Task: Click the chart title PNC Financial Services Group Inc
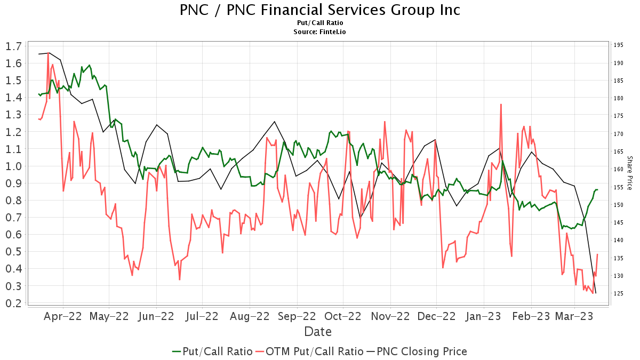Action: (x=319, y=10)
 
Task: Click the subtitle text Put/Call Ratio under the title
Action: (x=319, y=23)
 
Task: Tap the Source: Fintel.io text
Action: (x=319, y=31)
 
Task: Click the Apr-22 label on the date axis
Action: (x=63, y=316)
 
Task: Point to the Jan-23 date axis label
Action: (x=484, y=316)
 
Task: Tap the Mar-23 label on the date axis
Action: (x=574, y=316)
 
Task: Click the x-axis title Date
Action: (x=318, y=332)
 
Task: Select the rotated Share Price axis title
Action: (x=630, y=173)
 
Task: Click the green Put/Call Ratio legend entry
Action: (x=212, y=351)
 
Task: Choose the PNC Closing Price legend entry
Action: (x=417, y=351)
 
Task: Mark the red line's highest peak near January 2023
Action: (x=501, y=105)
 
